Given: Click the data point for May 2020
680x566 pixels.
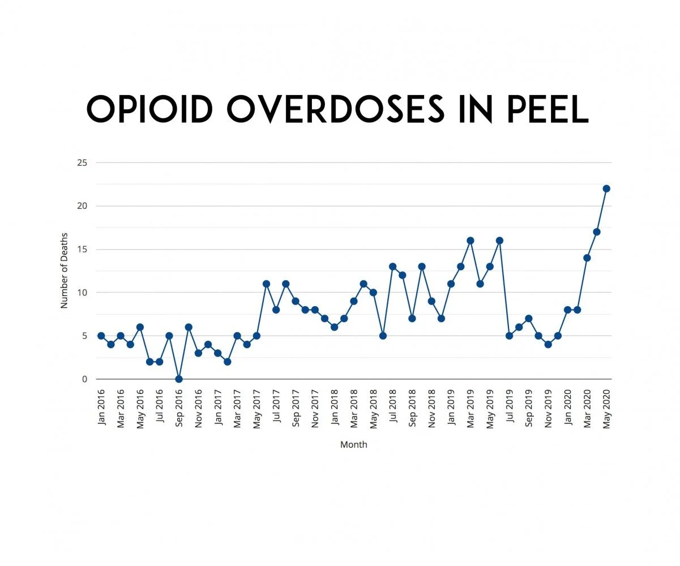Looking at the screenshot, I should (606, 188).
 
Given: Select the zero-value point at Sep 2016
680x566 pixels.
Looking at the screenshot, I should (179, 379).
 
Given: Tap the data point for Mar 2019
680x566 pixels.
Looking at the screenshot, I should (470, 241).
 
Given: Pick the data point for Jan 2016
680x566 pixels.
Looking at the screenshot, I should (101, 336).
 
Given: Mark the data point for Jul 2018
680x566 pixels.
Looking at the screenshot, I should (392, 267).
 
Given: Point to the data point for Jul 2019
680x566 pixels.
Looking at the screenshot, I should (509, 336).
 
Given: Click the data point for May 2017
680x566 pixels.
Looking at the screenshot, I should (256, 336).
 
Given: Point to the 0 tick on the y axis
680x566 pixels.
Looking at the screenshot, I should (84, 379).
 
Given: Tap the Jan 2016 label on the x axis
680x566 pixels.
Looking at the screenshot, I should (102, 408).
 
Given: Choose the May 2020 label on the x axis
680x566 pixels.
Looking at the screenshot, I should (607, 408).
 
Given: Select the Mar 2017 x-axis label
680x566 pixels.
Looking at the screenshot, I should (237, 408).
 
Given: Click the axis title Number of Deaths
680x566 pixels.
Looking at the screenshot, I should (64, 271).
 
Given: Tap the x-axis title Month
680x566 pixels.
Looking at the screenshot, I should (354, 445).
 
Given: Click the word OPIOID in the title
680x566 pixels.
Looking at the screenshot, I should (150, 109).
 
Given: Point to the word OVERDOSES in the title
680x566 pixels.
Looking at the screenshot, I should (335, 109).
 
